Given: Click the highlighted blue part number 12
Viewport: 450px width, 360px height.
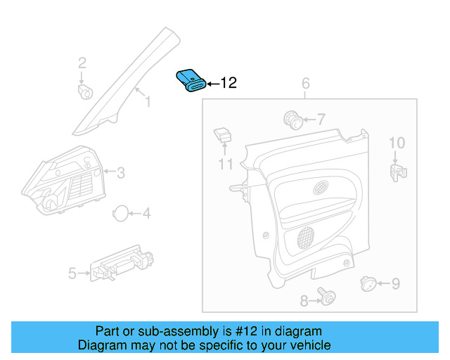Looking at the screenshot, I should (191, 80).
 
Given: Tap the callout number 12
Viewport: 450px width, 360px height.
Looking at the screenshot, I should (229, 84).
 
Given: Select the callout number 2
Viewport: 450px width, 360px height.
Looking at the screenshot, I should (82, 63).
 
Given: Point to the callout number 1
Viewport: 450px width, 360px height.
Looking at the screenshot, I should (148, 103).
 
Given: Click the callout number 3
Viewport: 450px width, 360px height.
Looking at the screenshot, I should (120, 172).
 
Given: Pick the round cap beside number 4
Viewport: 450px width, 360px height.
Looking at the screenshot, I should (122, 213).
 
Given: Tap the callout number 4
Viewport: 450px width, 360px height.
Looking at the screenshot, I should (146, 213).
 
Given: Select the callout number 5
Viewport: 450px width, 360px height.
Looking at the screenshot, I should (72, 273).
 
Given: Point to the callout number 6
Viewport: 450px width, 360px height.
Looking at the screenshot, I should (306, 85).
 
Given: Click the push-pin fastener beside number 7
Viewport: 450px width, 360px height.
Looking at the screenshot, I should (293, 120).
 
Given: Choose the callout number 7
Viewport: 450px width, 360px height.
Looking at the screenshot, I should (321, 120).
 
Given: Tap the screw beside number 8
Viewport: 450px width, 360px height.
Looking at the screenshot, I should (325, 298).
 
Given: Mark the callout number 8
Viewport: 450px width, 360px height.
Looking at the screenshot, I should (304, 301).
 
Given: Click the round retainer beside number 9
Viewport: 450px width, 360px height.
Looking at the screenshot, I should (366, 283).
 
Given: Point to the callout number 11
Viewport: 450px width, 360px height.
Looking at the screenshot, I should (225, 165).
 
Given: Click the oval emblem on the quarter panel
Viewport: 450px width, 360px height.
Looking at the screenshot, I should (321, 187).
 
